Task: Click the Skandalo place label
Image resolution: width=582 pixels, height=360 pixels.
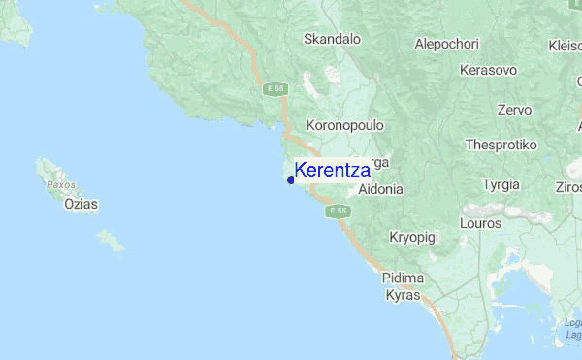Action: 332,40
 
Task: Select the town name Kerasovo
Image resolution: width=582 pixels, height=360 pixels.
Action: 489,70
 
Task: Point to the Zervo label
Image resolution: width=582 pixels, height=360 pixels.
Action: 513,111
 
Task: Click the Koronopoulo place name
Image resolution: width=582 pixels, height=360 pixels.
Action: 345,126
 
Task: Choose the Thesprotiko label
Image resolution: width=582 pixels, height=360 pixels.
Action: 501,144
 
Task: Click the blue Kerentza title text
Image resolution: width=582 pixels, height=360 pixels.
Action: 332,170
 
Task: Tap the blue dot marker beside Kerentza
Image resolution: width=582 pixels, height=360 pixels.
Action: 290,180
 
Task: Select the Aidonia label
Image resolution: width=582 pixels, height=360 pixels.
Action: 380,190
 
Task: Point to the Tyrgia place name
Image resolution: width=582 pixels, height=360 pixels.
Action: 501,184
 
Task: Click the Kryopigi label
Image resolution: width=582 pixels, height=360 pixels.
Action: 414,237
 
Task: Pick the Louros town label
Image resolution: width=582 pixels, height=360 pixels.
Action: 482,223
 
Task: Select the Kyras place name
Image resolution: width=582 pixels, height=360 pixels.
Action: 402,294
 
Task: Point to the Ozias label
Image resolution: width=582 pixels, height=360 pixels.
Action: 81,205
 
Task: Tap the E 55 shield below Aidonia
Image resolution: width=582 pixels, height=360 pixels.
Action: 337,211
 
